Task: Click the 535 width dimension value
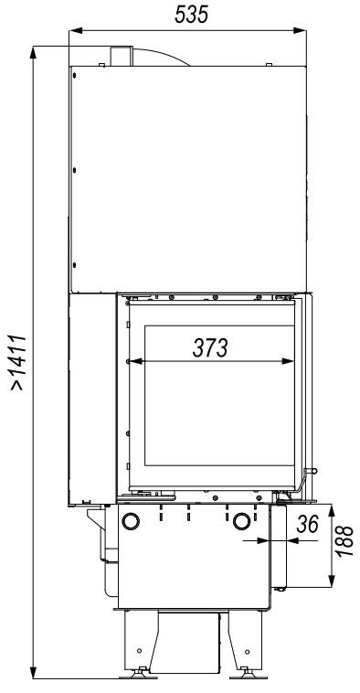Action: [x=191, y=15]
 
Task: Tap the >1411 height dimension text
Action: [x=18, y=363]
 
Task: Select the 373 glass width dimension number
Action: [x=210, y=347]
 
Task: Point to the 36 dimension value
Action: [x=307, y=524]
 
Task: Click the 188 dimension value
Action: [x=345, y=541]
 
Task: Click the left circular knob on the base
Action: [x=131, y=521]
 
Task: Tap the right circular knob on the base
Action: [x=241, y=521]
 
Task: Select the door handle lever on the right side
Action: [x=306, y=480]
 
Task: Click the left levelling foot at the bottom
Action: [x=139, y=674]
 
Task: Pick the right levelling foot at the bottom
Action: [x=248, y=674]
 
